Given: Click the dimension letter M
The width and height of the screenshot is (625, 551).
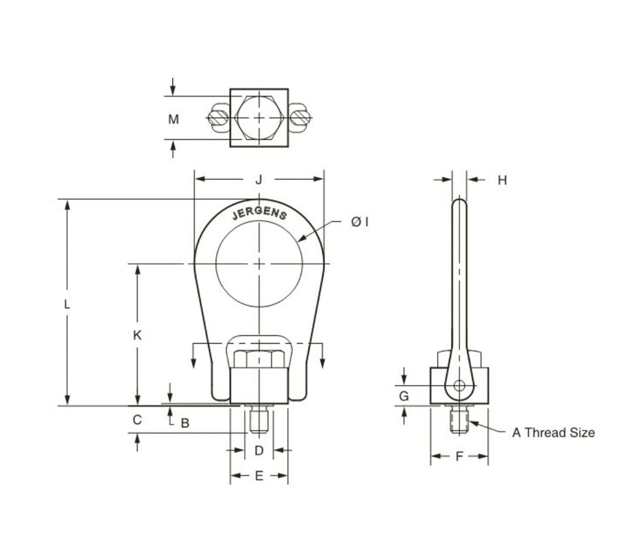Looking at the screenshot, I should click(173, 119).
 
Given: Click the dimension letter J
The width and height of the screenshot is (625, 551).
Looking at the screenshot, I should click(258, 180).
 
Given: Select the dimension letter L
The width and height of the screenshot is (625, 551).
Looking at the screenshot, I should click(67, 304).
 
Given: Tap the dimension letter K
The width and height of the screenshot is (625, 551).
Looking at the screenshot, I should click(137, 335).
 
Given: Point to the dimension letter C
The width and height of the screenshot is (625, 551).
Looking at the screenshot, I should click(137, 420).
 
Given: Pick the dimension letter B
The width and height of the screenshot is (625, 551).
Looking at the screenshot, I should click(184, 423).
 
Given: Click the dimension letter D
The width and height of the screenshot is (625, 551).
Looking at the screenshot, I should click(259, 450).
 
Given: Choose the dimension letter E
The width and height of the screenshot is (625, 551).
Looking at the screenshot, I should click(259, 475).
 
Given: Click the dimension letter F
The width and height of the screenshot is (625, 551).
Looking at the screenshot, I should click(459, 457).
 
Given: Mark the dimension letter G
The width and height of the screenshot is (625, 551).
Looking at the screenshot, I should click(404, 396).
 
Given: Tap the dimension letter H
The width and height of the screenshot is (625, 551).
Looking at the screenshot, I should click(502, 181).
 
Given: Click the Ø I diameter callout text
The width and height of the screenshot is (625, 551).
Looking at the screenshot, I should click(360, 222).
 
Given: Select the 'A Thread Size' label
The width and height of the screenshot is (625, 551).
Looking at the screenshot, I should click(553, 432).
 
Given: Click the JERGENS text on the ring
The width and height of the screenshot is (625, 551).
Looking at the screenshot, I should click(259, 214).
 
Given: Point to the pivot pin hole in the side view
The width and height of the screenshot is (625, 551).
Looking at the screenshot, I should click(459, 386).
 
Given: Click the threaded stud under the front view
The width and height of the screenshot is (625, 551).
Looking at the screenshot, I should click(258, 421).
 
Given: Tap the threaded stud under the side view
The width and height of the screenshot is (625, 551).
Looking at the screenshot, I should click(459, 420).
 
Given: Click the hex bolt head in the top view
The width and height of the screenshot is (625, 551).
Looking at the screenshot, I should click(259, 118).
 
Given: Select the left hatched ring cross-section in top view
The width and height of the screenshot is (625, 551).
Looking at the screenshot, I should click(216, 118).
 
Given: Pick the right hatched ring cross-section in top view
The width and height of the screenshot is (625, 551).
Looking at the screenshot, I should click(301, 118).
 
